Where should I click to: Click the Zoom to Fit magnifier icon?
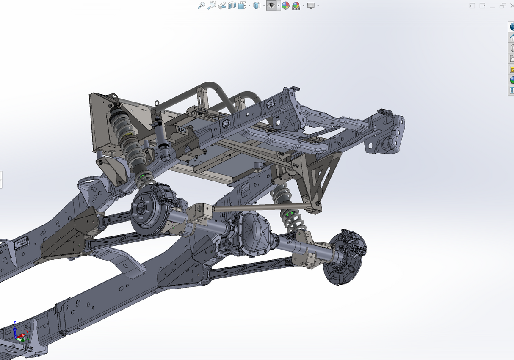[x=202, y=5]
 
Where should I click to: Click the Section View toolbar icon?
[x=232, y=5]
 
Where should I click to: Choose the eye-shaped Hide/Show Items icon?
[x=271, y=5]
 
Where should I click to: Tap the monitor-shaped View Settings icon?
[x=311, y=5]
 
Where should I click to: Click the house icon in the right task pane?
[x=511, y=37]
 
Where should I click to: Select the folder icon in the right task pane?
[x=511, y=58]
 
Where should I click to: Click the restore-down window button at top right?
[x=503, y=5]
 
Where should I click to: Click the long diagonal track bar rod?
[x=263, y=207]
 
